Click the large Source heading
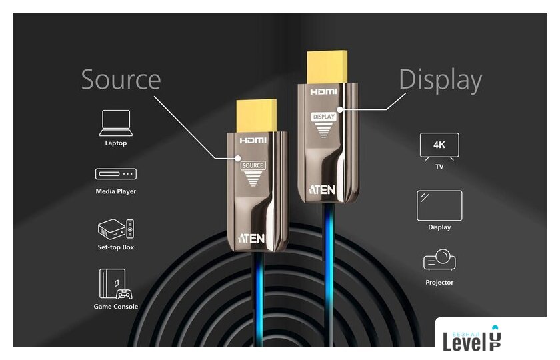pyautogui.click(x=121, y=79)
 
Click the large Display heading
pyautogui.click(x=441, y=80)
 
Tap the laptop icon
pyautogui.click(x=116, y=123)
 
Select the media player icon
pyautogui.click(x=116, y=174)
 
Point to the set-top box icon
pyautogui.click(x=116, y=229)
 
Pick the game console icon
pyautogui.click(x=116, y=284)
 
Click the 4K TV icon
pyautogui.click(x=439, y=147)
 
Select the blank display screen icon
pyautogui.click(x=439, y=206)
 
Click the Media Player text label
pyautogui.click(x=116, y=191)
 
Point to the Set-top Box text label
pyautogui.click(x=116, y=247)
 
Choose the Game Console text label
pyautogui.click(x=116, y=307)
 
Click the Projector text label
pyautogui.click(x=439, y=282)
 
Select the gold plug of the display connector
pyautogui.click(x=327, y=67)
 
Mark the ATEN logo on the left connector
pyautogui.click(x=251, y=238)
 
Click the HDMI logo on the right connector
pyautogui.click(x=323, y=92)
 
